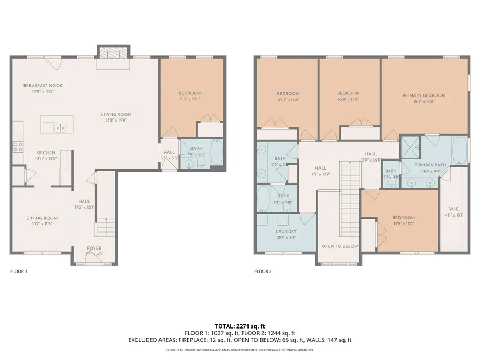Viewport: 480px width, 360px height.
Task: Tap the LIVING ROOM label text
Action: pos(116,114)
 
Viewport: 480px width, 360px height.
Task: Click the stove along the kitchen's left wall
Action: pos(18,147)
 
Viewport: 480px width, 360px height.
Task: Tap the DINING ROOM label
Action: pos(42,218)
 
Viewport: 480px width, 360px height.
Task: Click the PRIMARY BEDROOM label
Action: pos(423,95)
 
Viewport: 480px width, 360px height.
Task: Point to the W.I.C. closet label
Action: pos(454,209)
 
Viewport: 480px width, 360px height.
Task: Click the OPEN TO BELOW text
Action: pos(339,246)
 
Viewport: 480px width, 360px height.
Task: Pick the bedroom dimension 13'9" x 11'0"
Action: pos(404,224)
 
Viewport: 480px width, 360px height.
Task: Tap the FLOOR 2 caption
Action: pos(263,271)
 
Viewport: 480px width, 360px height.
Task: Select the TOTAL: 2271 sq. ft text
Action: pos(239,325)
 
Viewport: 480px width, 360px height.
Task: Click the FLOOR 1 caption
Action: pos(19,271)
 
